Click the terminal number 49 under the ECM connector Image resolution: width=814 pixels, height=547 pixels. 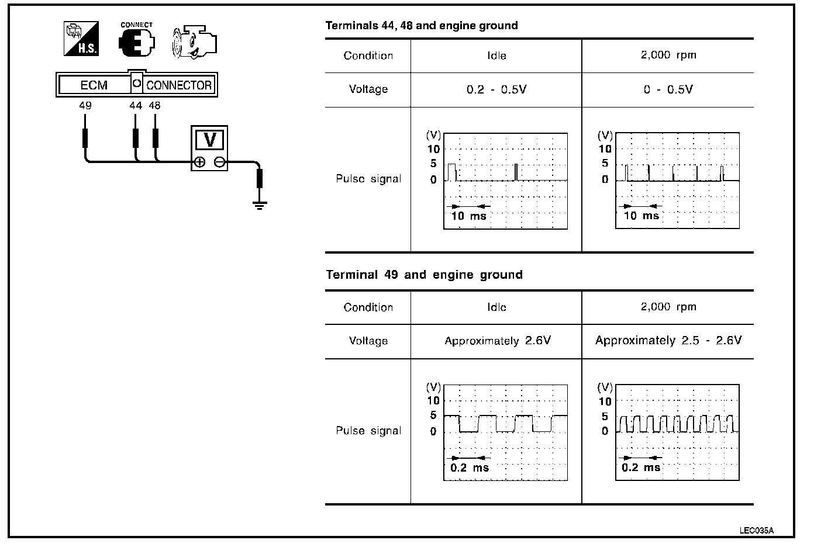coord(85,106)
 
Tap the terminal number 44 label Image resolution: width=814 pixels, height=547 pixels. coord(136,106)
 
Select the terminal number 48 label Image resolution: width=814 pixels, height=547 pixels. coord(154,106)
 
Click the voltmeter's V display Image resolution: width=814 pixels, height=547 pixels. coord(209,140)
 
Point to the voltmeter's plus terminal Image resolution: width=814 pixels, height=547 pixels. coord(199,162)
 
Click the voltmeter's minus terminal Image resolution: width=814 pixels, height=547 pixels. coord(219,162)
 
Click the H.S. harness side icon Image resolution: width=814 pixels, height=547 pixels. coord(81,39)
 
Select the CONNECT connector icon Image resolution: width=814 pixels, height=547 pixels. coord(136,40)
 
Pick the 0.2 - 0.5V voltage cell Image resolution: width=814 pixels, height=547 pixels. coord(496,90)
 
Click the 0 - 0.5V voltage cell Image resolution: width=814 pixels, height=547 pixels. coord(668,90)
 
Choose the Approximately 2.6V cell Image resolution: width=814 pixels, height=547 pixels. coord(497,341)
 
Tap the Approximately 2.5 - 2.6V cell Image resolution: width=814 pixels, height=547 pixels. coord(668,340)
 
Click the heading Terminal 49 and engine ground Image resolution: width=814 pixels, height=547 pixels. coord(424,275)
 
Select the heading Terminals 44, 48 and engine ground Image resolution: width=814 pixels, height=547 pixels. coord(421,26)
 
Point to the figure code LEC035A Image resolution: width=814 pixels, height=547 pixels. coord(756,531)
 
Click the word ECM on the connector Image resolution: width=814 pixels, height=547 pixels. coord(94,85)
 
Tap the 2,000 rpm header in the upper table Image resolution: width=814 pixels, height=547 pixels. coord(668,56)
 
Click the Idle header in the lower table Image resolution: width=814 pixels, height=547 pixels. coord(496,307)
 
